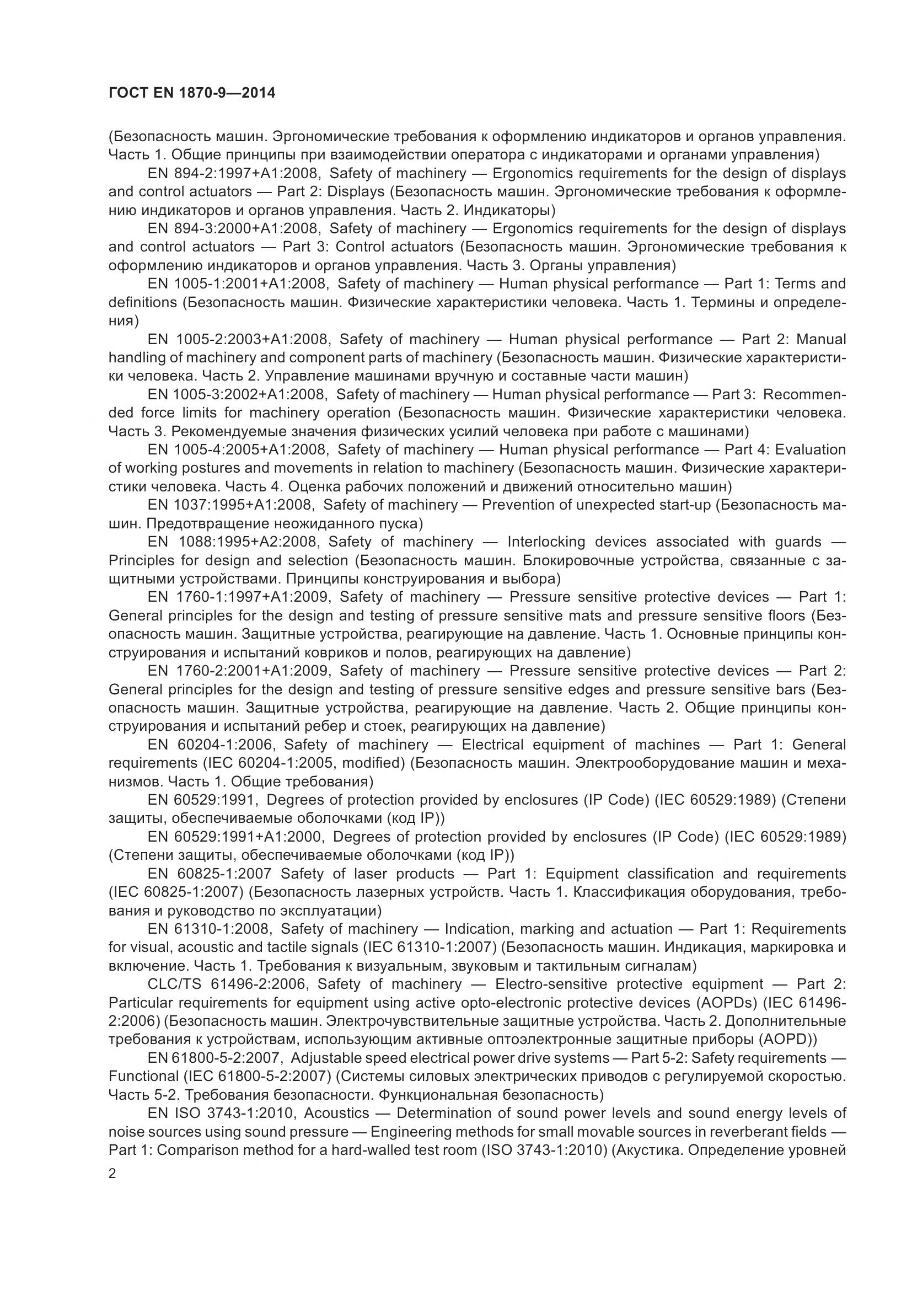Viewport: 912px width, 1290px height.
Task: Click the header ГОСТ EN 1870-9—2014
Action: point(191,93)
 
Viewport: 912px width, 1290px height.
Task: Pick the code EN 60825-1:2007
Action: point(210,874)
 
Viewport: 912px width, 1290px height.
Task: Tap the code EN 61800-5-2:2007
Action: point(214,1058)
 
